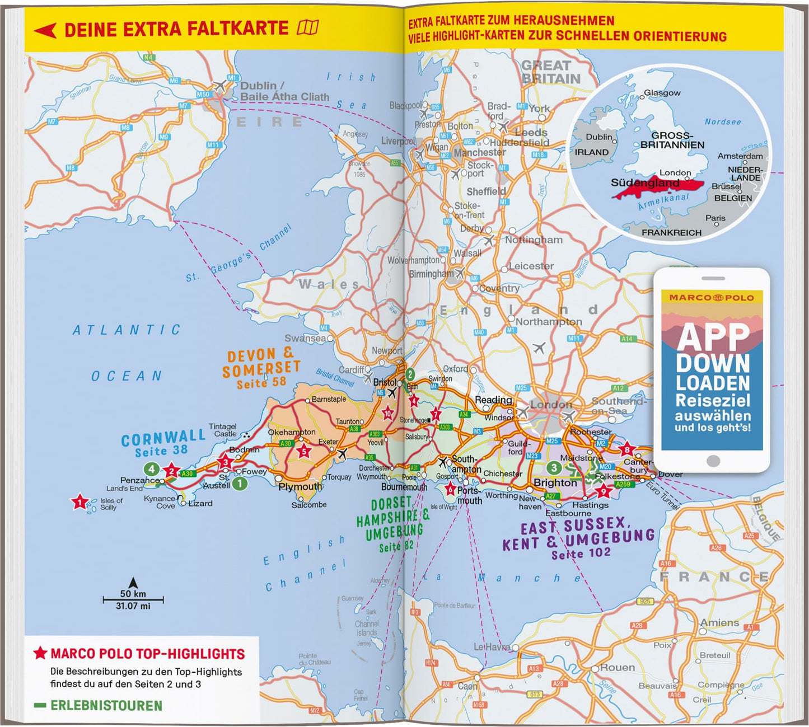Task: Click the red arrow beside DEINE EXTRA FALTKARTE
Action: [x=45, y=30]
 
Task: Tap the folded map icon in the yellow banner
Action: [x=308, y=27]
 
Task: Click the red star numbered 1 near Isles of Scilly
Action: [x=80, y=502]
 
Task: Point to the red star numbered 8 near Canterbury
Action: [x=626, y=449]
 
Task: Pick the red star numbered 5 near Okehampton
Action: [x=304, y=452]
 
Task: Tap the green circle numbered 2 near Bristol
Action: [x=410, y=374]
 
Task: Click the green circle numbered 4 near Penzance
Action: [x=151, y=469]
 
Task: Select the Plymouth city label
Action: [x=300, y=486]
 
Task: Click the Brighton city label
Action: [x=555, y=482]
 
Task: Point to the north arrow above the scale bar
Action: [x=133, y=583]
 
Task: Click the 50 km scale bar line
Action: [x=133, y=600]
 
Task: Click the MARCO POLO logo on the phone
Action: [x=712, y=298]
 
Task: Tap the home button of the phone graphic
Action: [x=713, y=461]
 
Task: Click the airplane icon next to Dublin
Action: [x=220, y=86]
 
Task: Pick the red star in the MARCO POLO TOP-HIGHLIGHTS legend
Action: [x=40, y=653]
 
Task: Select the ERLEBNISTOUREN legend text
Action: [x=106, y=706]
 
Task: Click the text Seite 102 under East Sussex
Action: [x=581, y=554]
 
